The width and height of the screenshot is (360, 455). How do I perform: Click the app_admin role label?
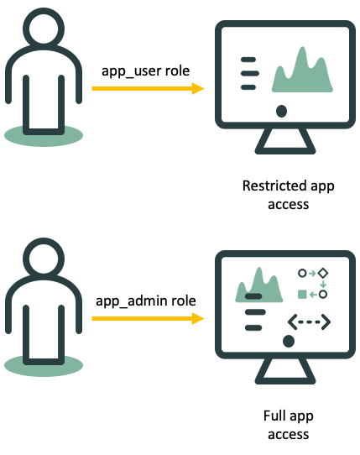pyautogui.click(x=148, y=300)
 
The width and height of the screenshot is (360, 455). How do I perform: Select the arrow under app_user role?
pyautogui.click(x=147, y=88)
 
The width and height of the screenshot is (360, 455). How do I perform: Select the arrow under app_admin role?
pyautogui.click(x=147, y=319)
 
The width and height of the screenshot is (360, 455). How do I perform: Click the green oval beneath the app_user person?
pyautogui.click(x=44, y=135)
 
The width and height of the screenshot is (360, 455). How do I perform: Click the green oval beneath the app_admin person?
pyautogui.click(x=44, y=365)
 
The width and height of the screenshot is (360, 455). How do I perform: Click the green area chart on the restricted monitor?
pyautogui.click(x=303, y=71)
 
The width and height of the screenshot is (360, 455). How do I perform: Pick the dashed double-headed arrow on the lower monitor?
pyautogui.click(x=309, y=322)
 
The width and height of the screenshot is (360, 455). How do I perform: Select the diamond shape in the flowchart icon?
pyautogui.click(x=322, y=274)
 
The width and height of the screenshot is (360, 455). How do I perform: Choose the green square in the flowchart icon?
pyautogui.click(x=302, y=294)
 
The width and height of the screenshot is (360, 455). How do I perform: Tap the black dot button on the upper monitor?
pyautogui.click(x=281, y=110)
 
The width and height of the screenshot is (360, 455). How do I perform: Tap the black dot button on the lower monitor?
pyautogui.click(x=288, y=340)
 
